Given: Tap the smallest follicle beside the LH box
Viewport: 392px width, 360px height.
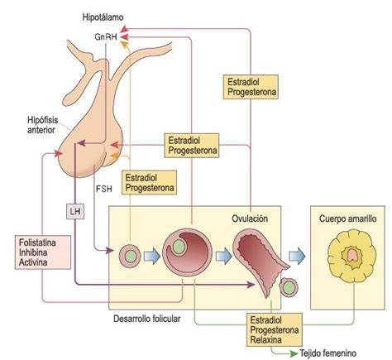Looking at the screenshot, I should click(x=129, y=256).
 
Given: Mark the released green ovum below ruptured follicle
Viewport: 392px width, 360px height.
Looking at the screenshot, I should click(x=289, y=290).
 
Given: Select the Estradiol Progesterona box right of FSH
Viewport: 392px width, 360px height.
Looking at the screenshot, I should click(x=149, y=183).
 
